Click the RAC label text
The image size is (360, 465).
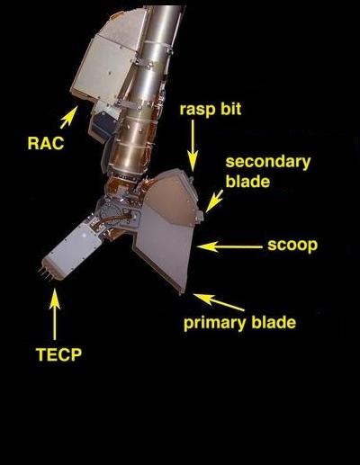(46, 143)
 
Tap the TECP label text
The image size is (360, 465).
(58, 354)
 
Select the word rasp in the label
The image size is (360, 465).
(195, 110)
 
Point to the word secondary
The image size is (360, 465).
(268, 162)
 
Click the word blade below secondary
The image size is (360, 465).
(247, 182)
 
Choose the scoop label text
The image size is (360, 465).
(292, 246)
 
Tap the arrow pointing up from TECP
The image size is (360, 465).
(55, 314)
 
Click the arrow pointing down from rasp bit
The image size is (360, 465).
(193, 146)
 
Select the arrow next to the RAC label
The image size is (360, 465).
(68, 118)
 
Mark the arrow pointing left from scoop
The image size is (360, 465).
(229, 246)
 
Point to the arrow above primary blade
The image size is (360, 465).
(219, 302)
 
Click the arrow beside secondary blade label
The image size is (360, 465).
(214, 201)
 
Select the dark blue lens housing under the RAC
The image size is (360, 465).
(103, 125)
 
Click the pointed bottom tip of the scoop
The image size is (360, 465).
(180, 293)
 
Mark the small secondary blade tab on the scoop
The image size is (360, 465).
(200, 216)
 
